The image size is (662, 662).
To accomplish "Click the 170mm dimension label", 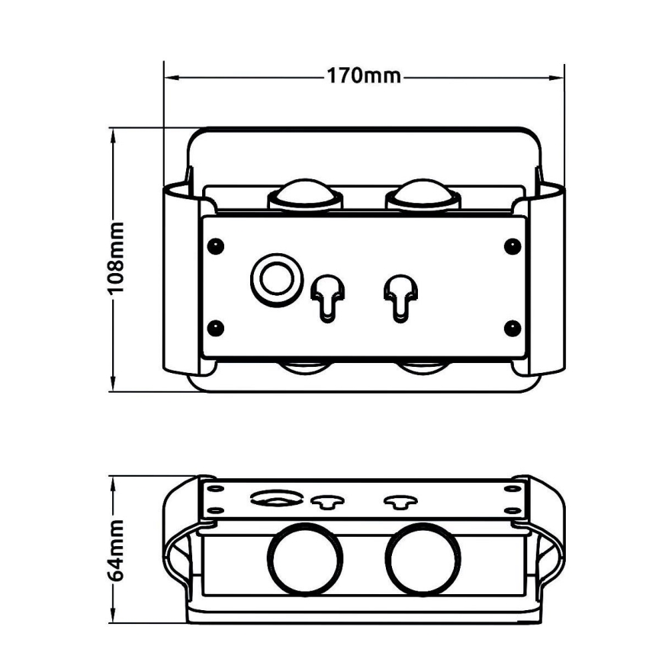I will point(364,76).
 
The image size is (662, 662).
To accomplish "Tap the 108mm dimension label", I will point(115,259).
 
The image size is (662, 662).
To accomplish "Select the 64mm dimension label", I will point(115,550).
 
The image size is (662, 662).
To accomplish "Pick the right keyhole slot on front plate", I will point(398,294).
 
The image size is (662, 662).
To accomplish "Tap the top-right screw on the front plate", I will point(512,246).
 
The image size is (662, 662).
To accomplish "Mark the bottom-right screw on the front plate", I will point(512,329).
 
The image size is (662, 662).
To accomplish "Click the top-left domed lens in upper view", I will point(304,195).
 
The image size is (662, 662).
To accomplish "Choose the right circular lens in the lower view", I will point(422,558).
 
